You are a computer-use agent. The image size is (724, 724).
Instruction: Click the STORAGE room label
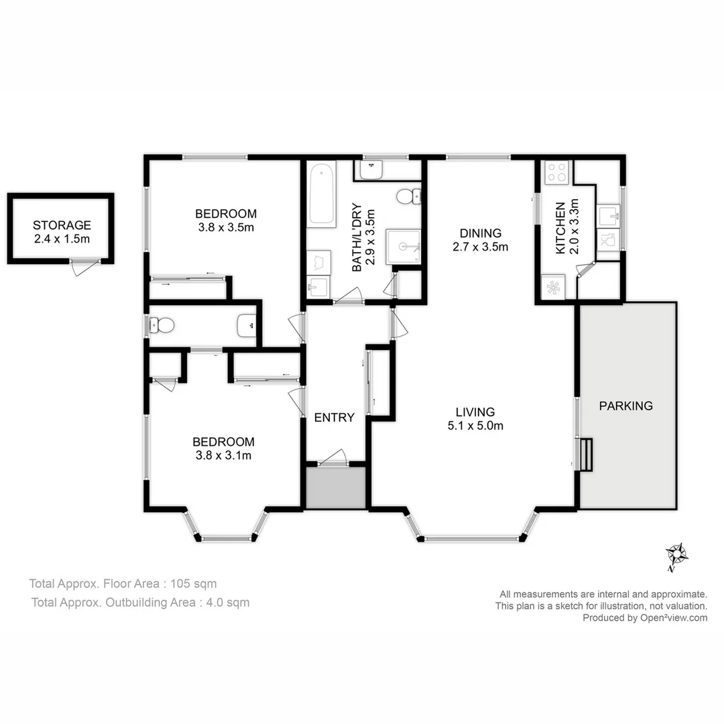(61, 225)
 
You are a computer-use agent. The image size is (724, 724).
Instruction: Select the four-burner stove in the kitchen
(556, 173)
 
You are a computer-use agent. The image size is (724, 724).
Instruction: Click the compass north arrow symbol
(676, 556)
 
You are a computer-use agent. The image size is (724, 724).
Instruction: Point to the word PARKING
(625, 406)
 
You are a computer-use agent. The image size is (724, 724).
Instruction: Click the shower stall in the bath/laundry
(403, 246)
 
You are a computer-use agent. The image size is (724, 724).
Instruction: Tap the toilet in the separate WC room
(163, 326)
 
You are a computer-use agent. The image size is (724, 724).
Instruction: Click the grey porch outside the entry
(336, 487)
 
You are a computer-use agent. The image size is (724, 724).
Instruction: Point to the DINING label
(480, 233)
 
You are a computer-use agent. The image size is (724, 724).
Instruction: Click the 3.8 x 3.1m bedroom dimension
(223, 456)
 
